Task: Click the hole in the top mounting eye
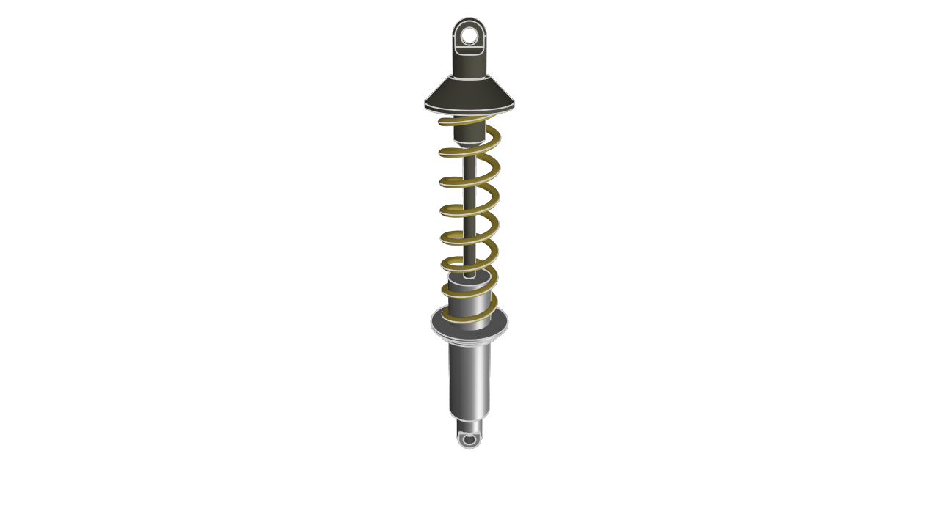(x=469, y=35)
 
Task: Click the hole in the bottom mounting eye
(x=469, y=439)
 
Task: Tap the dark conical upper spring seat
(x=469, y=92)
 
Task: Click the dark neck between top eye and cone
(x=469, y=65)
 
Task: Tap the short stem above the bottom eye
(x=469, y=425)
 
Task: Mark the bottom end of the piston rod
(x=469, y=275)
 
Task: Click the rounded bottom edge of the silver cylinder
(x=469, y=419)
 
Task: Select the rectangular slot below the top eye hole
(x=469, y=51)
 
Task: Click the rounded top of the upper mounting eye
(x=469, y=21)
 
